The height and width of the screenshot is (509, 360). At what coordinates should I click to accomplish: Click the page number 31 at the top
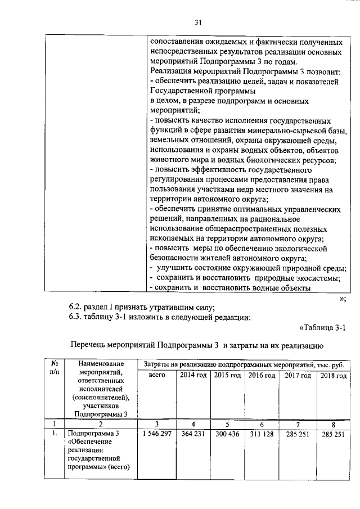click(197, 23)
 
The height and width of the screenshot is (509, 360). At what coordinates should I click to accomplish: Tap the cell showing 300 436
click(228, 434)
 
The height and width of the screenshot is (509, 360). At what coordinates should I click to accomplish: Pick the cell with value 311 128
click(262, 434)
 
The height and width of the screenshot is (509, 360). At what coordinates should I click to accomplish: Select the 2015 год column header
click(228, 375)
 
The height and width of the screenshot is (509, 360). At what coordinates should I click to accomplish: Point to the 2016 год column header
click(262, 375)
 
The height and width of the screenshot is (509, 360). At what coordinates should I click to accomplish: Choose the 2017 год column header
click(298, 375)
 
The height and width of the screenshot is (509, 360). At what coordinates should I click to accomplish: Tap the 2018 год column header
click(333, 375)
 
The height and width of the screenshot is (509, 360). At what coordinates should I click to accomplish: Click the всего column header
click(157, 375)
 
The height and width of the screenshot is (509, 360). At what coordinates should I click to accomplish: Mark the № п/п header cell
click(55, 368)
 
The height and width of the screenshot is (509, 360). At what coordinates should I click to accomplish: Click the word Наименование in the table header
click(101, 364)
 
